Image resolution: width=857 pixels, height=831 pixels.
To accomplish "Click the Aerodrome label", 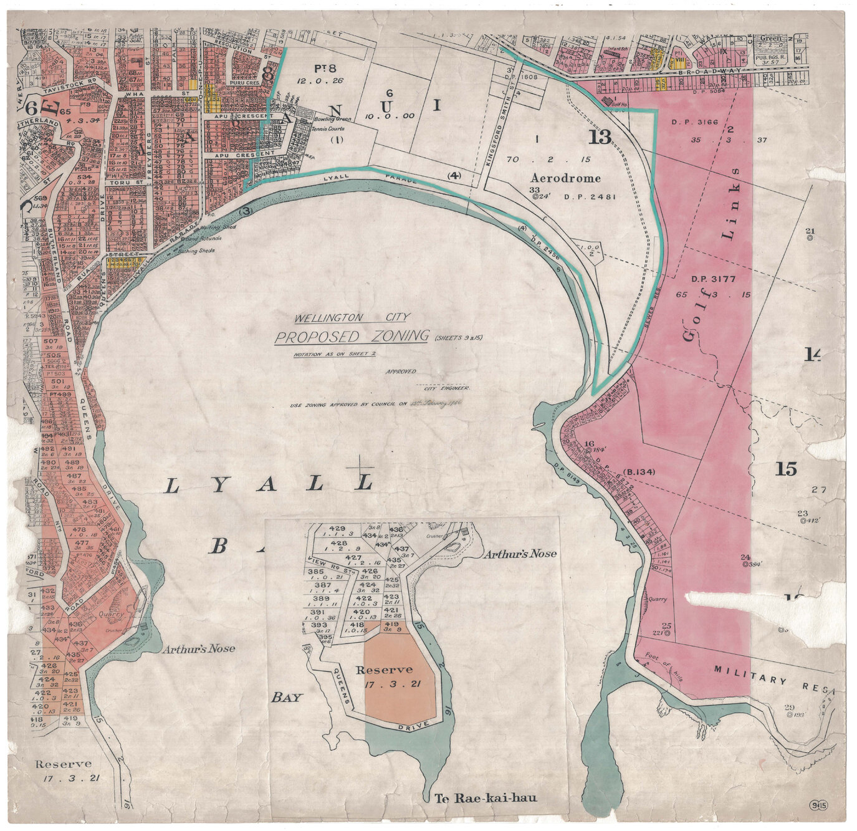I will tap(565, 178).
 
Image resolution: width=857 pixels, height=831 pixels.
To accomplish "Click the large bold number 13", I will tap(600, 137).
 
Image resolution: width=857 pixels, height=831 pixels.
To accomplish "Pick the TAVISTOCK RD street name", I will tap(75, 81).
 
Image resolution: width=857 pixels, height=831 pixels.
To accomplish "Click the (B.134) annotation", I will tap(638, 472).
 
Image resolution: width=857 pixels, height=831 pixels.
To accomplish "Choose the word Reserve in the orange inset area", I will tap(384, 670).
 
